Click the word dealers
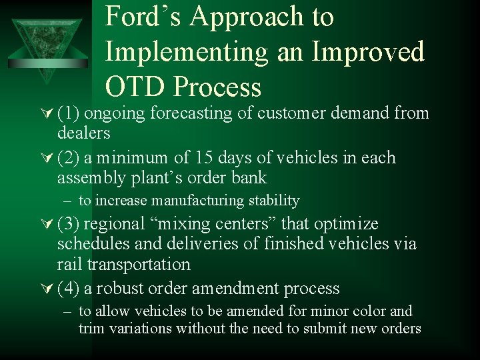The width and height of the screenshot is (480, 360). click(x=83, y=133)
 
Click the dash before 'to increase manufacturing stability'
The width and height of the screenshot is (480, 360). click(x=68, y=201)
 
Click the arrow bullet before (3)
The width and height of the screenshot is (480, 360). click(x=49, y=224)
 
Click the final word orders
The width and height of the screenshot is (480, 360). click(x=401, y=328)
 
